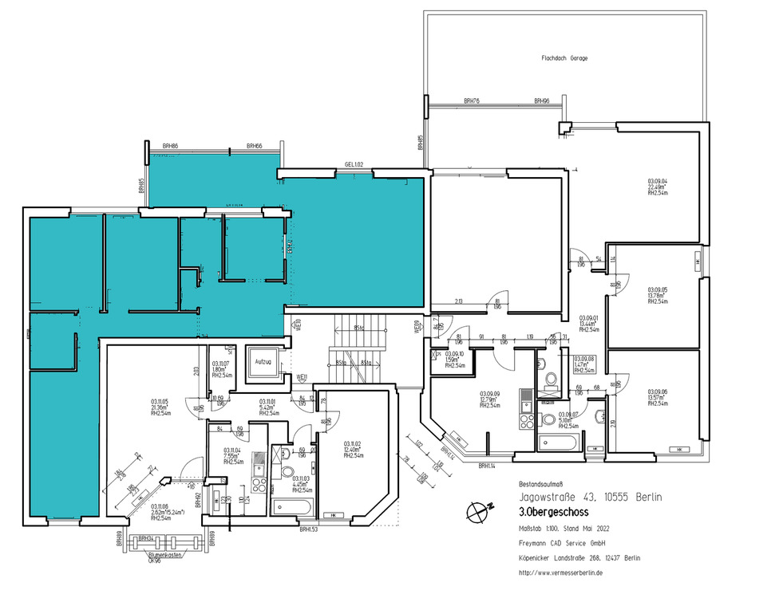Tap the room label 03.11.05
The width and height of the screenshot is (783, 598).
coord(160,401)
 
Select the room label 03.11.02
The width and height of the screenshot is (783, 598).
coord(354,443)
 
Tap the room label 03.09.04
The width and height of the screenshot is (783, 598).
coord(657,181)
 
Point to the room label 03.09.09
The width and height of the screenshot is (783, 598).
coord(489,394)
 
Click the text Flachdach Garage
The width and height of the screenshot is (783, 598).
coord(564,58)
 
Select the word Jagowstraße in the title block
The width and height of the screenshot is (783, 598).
coord(549,497)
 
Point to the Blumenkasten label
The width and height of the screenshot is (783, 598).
coord(160,550)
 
